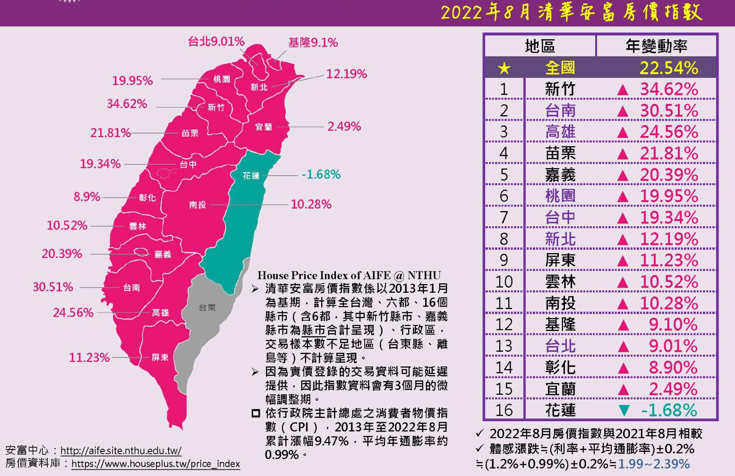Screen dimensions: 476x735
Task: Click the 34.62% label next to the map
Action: click(x=127, y=104)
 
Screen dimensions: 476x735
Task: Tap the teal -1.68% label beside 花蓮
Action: click(x=321, y=175)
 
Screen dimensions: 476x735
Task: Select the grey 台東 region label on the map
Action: click(x=207, y=308)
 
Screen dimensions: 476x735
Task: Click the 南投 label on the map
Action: click(x=197, y=205)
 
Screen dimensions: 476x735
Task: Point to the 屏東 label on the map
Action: click(x=160, y=357)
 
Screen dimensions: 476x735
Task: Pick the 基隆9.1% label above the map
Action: click(x=313, y=43)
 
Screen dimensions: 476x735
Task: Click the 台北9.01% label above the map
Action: click(x=216, y=42)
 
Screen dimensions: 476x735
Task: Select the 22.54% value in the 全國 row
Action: click(x=668, y=68)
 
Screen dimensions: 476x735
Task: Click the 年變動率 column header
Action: click(x=656, y=46)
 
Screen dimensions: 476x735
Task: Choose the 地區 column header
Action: click(x=539, y=46)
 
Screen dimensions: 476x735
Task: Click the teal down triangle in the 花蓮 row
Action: click(x=624, y=411)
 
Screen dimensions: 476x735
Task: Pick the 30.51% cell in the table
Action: click(x=668, y=111)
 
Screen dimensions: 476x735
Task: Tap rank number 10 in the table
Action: click(x=504, y=282)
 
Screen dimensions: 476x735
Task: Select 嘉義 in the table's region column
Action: click(x=560, y=175)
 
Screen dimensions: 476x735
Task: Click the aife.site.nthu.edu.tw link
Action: click(x=121, y=450)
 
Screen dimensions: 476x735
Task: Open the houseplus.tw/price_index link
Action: click(x=155, y=464)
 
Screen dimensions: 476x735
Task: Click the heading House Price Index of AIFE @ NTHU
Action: click(x=349, y=275)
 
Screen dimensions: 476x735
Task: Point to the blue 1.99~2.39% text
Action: click(x=653, y=464)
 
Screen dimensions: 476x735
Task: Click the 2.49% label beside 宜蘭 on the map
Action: click(x=344, y=127)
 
